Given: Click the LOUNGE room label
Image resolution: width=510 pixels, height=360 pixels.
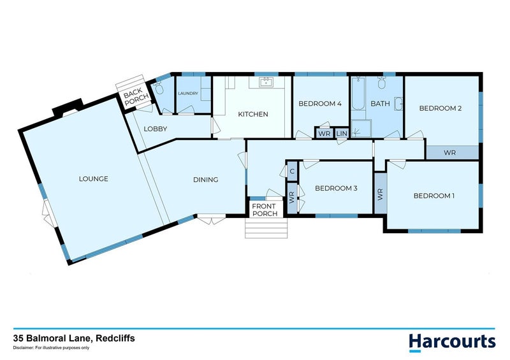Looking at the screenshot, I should pyautogui.click(x=94, y=179).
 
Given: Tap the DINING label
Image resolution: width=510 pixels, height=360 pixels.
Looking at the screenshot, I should pyautogui.click(x=205, y=180).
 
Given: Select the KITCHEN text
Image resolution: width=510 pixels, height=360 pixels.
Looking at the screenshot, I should pyautogui.click(x=252, y=115).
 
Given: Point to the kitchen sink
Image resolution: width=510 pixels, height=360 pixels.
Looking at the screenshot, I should pyautogui.click(x=266, y=82).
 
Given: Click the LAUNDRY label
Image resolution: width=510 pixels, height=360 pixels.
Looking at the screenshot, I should pyautogui.click(x=188, y=94).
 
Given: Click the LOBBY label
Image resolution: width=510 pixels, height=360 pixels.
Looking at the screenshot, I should pyautogui.click(x=155, y=129).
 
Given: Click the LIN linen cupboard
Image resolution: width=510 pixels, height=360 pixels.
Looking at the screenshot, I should pyautogui.click(x=341, y=133).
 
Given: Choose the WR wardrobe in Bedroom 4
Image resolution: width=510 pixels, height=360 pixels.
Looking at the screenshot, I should pyautogui.click(x=324, y=133).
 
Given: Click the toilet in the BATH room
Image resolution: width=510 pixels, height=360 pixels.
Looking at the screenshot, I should pyautogui.click(x=382, y=83).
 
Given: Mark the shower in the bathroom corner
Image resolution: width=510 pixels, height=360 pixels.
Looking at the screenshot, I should pyautogui.click(x=361, y=128).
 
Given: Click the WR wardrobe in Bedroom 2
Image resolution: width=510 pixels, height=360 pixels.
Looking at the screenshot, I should pyautogui.click(x=449, y=153).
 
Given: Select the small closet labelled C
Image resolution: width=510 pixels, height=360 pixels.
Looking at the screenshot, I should pyautogui.click(x=292, y=171).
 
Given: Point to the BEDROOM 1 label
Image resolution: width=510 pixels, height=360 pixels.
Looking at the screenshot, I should pyautogui.click(x=433, y=196).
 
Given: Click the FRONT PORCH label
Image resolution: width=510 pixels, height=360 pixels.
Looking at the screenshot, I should pyautogui.click(x=265, y=210).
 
